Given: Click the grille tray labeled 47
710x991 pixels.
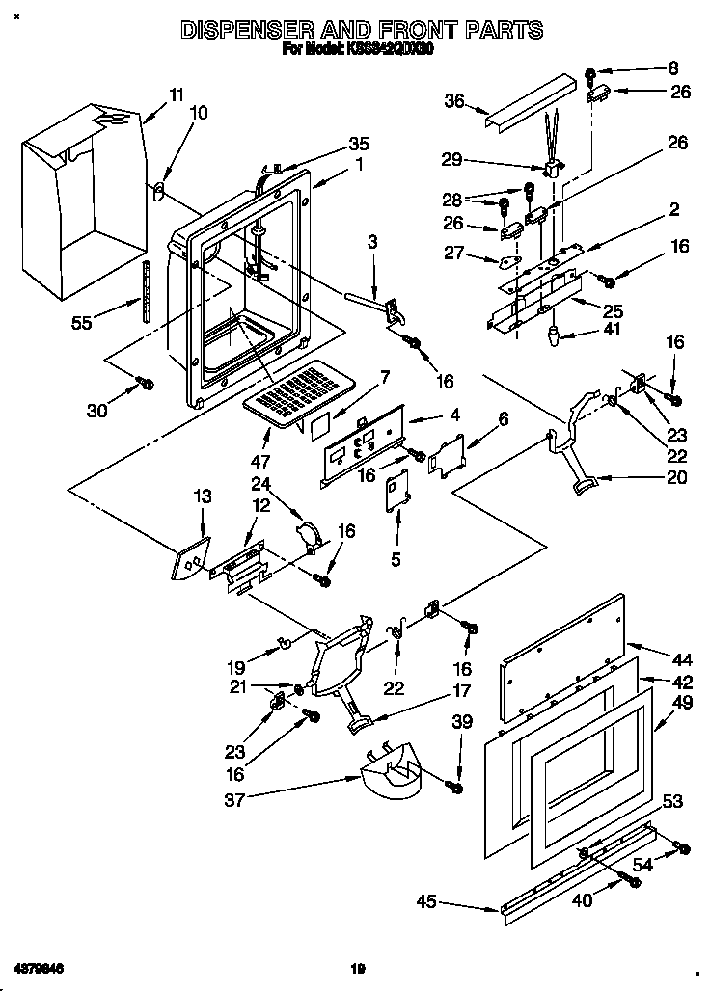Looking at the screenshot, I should click(293, 391).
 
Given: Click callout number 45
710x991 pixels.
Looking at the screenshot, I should click(425, 902).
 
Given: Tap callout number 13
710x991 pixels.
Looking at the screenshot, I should click(203, 496).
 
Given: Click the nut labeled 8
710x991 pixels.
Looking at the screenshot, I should click(590, 72).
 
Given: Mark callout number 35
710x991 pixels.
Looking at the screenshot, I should click(359, 144).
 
